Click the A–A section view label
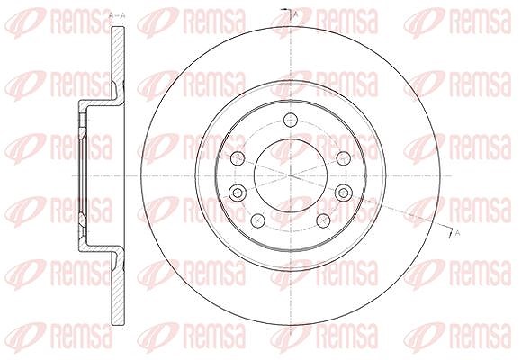point(117,15)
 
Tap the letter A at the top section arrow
point(295,14)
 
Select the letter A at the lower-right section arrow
point(457,233)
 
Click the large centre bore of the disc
point(291,175)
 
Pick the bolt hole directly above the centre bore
point(291,120)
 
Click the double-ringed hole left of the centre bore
point(238,193)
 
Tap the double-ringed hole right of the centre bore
point(344,193)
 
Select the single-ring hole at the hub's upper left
point(238,158)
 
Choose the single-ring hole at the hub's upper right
point(343,158)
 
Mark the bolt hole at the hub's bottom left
point(257,220)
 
